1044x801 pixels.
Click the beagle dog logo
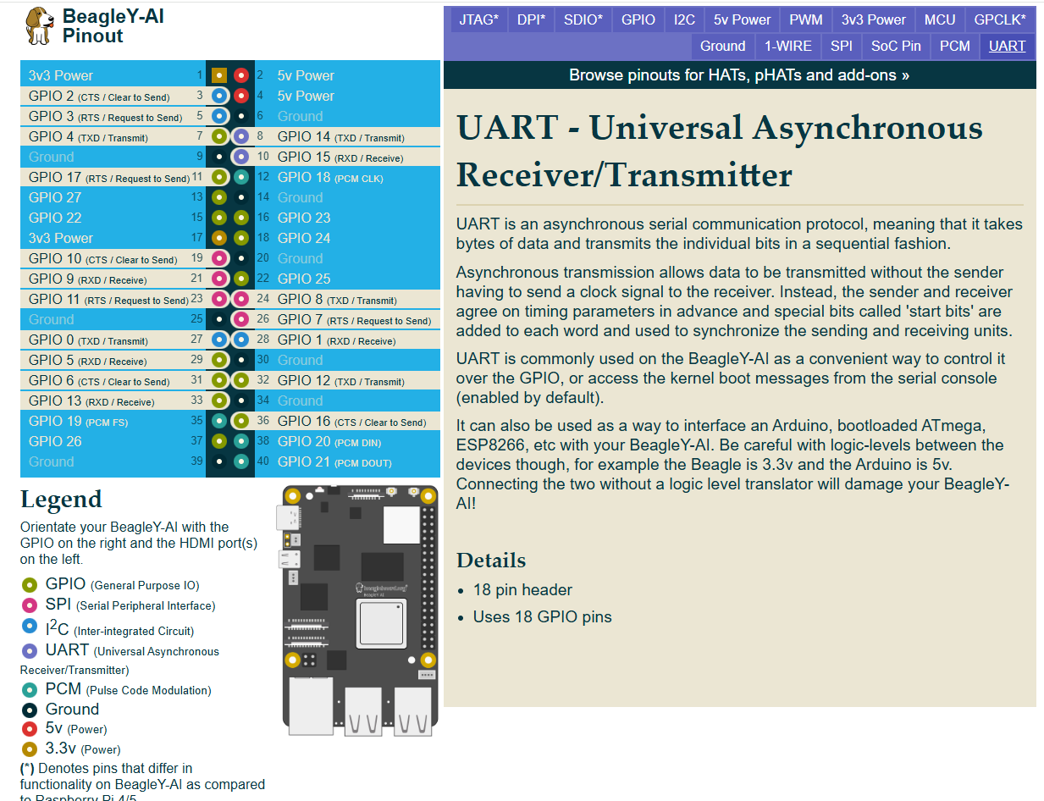(x=38, y=26)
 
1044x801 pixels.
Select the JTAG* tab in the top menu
(x=479, y=19)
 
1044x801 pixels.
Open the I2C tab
(x=684, y=19)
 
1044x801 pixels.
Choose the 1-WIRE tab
(x=788, y=46)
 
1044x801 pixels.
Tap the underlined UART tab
(x=1007, y=46)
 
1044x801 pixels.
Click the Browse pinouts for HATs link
(x=739, y=75)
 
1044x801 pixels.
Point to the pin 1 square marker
(x=219, y=75)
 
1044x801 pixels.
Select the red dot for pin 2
(x=241, y=75)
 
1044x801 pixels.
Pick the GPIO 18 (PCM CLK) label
(x=329, y=177)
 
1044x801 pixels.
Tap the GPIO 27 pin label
(x=55, y=197)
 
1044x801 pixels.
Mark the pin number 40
(x=262, y=461)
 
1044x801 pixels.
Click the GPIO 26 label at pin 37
(x=55, y=441)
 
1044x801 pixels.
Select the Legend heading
(x=61, y=500)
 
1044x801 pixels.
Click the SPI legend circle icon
(x=30, y=605)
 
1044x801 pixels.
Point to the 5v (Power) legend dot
(x=30, y=728)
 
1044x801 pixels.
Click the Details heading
(x=491, y=561)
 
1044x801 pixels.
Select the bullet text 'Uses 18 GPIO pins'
(x=543, y=616)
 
